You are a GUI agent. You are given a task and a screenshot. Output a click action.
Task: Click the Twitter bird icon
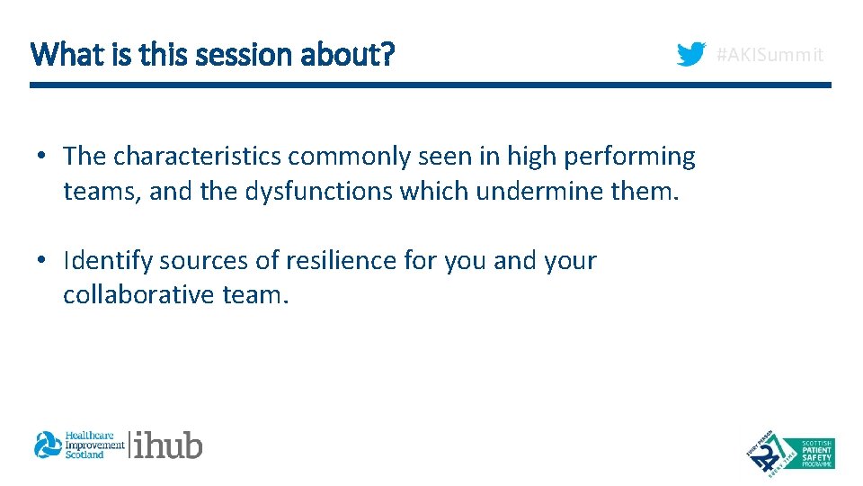pyautogui.click(x=691, y=55)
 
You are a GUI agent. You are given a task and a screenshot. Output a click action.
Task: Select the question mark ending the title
pyautogui.click(x=387, y=55)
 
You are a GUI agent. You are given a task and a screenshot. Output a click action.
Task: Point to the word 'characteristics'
pyautogui.click(x=197, y=157)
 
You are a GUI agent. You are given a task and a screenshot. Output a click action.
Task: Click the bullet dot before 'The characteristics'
pyautogui.click(x=42, y=157)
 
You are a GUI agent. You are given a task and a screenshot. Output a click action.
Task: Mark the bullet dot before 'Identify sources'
pyautogui.click(x=42, y=262)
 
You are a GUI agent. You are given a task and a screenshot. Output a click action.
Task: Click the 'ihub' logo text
pyautogui.click(x=169, y=445)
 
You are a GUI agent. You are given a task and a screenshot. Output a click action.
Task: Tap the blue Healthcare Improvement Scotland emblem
pyautogui.click(x=47, y=445)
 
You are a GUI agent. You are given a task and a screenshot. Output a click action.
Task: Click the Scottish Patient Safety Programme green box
pyautogui.click(x=806, y=453)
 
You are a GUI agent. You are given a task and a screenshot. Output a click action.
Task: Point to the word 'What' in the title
pyautogui.click(x=57, y=55)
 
